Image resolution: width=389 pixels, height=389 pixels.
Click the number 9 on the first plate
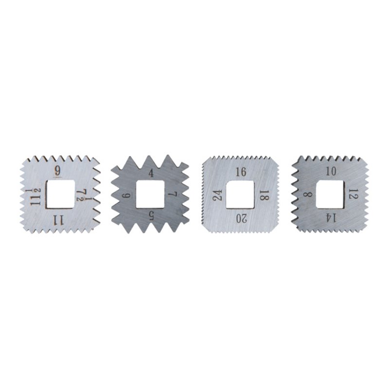click(57, 171)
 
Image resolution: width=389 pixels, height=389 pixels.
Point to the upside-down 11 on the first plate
click(58, 220)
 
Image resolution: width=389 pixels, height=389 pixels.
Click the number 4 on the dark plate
click(151, 173)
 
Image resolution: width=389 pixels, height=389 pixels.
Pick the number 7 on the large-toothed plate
click(173, 194)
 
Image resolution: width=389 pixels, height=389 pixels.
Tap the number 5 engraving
click(151, 216)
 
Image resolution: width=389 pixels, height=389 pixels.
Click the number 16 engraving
click(241, 172)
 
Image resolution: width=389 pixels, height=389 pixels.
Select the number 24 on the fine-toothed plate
click(217, 195)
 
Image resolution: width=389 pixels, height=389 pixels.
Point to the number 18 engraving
click(264, 195)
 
